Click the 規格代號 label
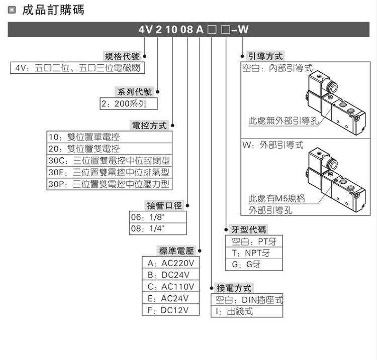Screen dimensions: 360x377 (122, 56)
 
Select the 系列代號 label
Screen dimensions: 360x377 (134, 92)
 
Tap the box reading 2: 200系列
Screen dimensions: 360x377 (128, 104)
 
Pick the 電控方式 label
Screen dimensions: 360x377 (149, 125)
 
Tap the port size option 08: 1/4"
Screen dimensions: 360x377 (158, 229)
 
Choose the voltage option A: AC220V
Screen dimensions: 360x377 (170, 263)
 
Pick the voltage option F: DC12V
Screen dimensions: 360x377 (170, 310)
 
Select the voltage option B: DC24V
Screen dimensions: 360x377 (170, 275)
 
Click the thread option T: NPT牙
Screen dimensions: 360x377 (254, 253)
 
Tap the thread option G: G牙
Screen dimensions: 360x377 (254, 265)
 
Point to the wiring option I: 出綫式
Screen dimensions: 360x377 (246, 311)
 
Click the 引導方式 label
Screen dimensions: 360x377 (265, 56)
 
